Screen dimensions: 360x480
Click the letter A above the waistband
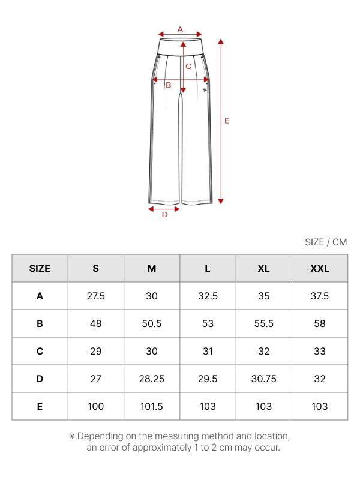180,29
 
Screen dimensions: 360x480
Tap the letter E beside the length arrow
227,121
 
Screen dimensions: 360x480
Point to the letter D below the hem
164,215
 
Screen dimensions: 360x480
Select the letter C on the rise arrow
188,66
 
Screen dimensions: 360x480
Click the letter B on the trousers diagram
169,85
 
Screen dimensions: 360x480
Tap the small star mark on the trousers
205,89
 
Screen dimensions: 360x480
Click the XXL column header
320,268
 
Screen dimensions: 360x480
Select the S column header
96,268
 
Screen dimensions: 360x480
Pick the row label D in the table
40,379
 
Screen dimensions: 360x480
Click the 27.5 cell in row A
96,296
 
